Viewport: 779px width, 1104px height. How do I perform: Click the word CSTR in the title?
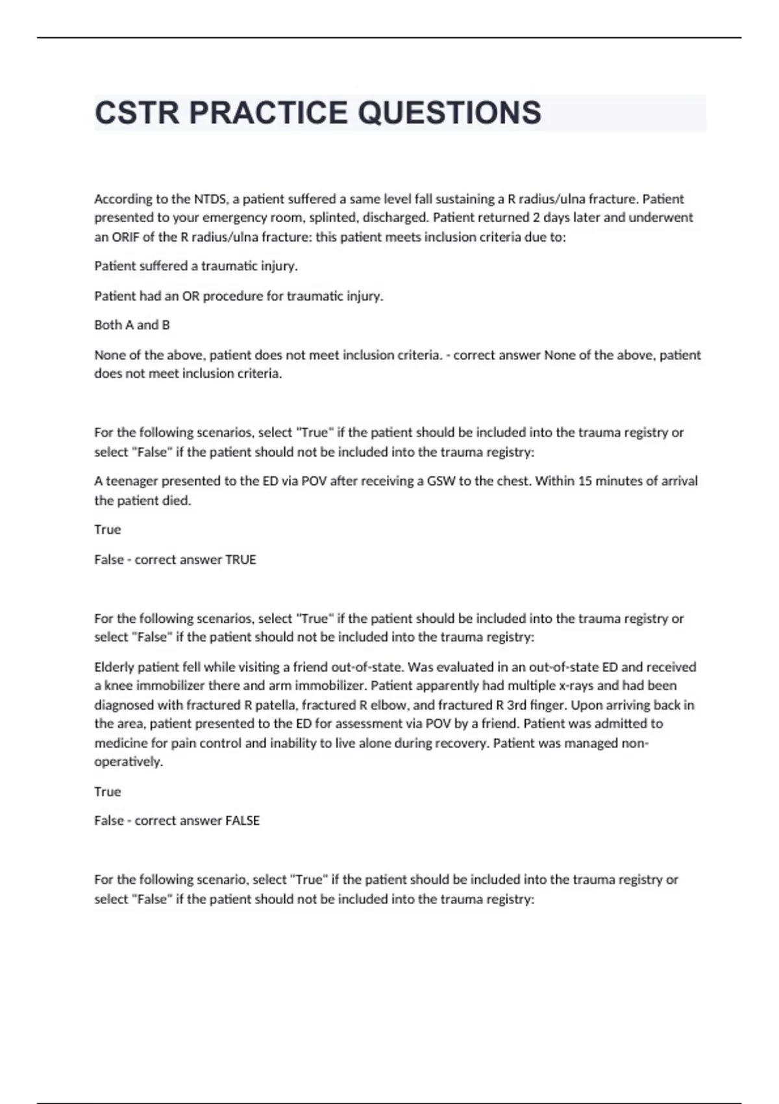(x=137, y=113)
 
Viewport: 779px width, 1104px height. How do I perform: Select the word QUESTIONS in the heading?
(x=449, y=113)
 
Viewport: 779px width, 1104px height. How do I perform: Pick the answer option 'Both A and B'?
(x=132, y=325)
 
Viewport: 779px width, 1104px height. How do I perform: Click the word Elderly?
(x=114, y=667)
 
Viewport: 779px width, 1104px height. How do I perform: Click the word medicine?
(x=121, y=743)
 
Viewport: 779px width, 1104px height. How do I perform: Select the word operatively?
(x=129, y=762)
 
